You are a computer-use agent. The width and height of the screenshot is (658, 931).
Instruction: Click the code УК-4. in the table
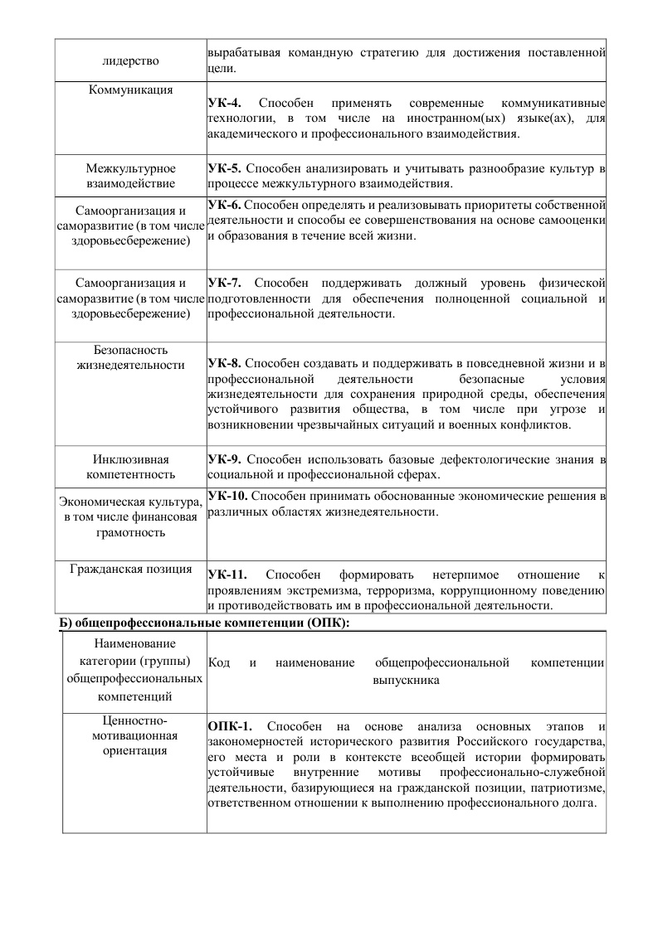tap(225, 103)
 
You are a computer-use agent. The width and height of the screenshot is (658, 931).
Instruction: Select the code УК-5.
tap(225, 169)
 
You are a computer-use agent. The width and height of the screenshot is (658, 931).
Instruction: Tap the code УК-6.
tap(225, 204)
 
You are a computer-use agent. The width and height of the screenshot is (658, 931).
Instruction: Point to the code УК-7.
tap(225, 284)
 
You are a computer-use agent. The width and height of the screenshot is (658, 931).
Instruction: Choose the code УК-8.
tap(225, 363)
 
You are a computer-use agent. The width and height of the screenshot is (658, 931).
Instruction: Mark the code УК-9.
tap(225, 458)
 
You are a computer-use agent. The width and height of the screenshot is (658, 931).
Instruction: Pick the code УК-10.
tap(227, 496)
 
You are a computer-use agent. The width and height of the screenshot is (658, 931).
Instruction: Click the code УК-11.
tap(227, 575)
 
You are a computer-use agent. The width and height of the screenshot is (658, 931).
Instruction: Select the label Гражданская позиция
tap(131, 570)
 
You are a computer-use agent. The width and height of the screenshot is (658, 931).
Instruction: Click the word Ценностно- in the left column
tap(134, 720)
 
